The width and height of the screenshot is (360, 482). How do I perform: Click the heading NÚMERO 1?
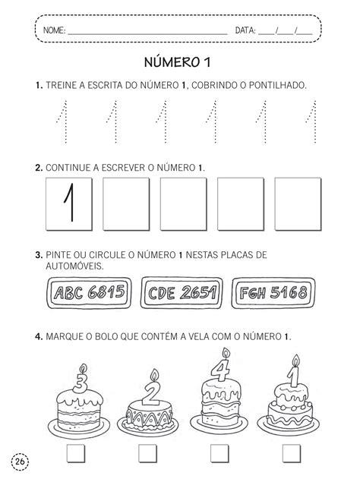click(180, 62)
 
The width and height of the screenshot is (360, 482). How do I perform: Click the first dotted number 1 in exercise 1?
click(62, 123)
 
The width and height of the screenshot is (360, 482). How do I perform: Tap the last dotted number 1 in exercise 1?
click(310, 123)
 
